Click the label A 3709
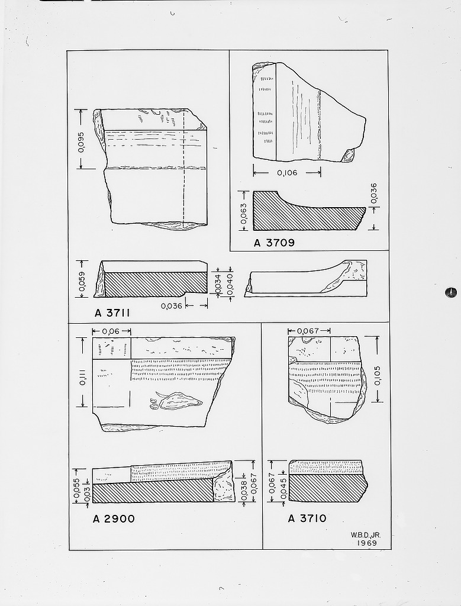pos(274,242)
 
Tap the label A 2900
pos(114,519)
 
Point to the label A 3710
pos(307,518)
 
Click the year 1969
pos(367,542)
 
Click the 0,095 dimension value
pos(81,141)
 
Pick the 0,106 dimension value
pos(286,173)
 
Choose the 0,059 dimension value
pos(82,279)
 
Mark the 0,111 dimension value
pos(82,374)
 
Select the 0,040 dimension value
pos(230,283)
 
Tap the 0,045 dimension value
pos(282,489)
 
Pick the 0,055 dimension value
pos(76,485)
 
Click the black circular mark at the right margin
pos(451,292)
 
